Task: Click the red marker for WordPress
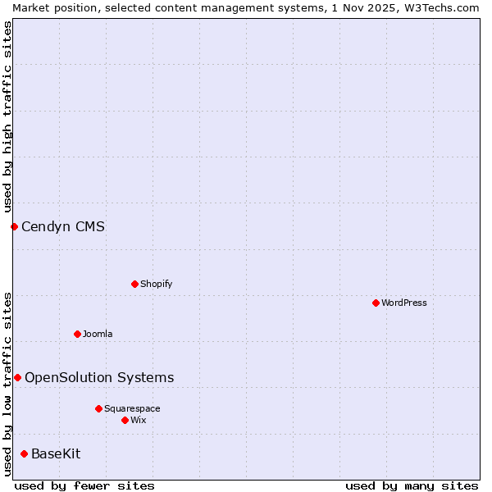[376, 303]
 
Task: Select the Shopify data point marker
[134, 284]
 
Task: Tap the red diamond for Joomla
[77, 334]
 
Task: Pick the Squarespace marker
[98, 408]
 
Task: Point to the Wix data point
[125, 420]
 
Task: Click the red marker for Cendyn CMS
[14, 226]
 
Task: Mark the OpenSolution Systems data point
[17, 377]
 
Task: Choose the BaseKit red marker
[24, 453]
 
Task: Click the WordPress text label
[404, 303]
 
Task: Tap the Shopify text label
[156, 284]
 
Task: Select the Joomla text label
[98, 334]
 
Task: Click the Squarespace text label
[132, 408]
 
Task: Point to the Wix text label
[138, 420]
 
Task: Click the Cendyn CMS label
[63, 226]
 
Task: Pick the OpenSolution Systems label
[99, 377]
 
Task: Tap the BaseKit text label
[56, 453]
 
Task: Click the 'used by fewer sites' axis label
[84, 485]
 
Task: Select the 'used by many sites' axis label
[412, 485]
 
